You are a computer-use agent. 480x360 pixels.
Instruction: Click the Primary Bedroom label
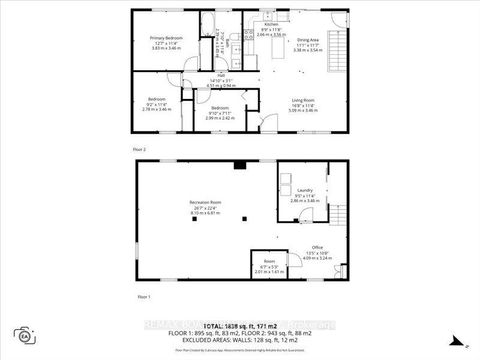pyautogui.click(x=155, y=38)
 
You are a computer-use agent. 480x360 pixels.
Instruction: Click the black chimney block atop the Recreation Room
pyautogui.click(x=238, y=165)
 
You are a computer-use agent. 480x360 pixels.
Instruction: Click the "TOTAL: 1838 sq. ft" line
pyautogui.click(x=239, y=326)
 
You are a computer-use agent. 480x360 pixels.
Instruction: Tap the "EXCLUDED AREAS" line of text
pyautogui.click(x=239, y=340)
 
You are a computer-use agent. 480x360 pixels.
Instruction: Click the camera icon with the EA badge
pyautogui.click(x=22, y=334)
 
